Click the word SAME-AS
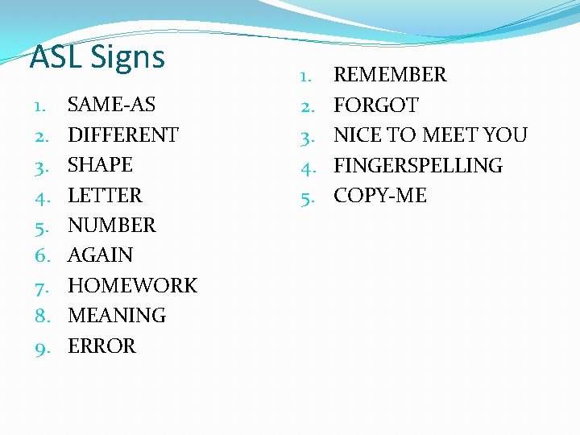pyautogui.click(x=111, y=105)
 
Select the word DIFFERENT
pyautogui.click(x=122, y=135)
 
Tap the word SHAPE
pyautogui.click(x=100, y=165)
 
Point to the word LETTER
pyautogui.click(x=105, y=195)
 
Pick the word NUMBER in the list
pyautogui.click(x=111, y=226)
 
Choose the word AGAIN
pyautogui.click(x=100, y=255)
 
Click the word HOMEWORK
pyautogui.click(x=132, y=286)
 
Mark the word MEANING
pyautogui.click(x=117, y=316)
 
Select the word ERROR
pyautogui.click(x=101, y=346)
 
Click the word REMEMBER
pyautogui.click(x=390, y=75)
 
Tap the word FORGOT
pyautogui.click(x=376, y=106)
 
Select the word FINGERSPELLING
pyautogui.click(x=417, y=166)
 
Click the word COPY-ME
pyautogui.click(x=380, y=196)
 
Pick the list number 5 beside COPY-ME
pyautogui.click(x=306, y=197)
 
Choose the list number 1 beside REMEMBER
pyautogui.click(x=306, y=76)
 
